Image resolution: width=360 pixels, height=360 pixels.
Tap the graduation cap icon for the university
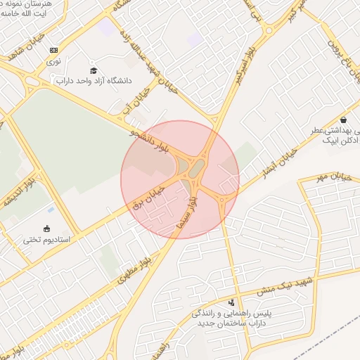click(x=94, y=70)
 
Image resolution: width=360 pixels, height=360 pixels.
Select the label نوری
click(x=54, y=62)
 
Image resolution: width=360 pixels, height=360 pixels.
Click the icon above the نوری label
click(x=54, y=50)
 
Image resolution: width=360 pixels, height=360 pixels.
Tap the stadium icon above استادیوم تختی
click(x=47, y=228)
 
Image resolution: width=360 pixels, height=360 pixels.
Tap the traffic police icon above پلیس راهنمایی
click(x=233, y=302)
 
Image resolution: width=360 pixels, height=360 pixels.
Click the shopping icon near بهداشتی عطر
click(x=342, y=119)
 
